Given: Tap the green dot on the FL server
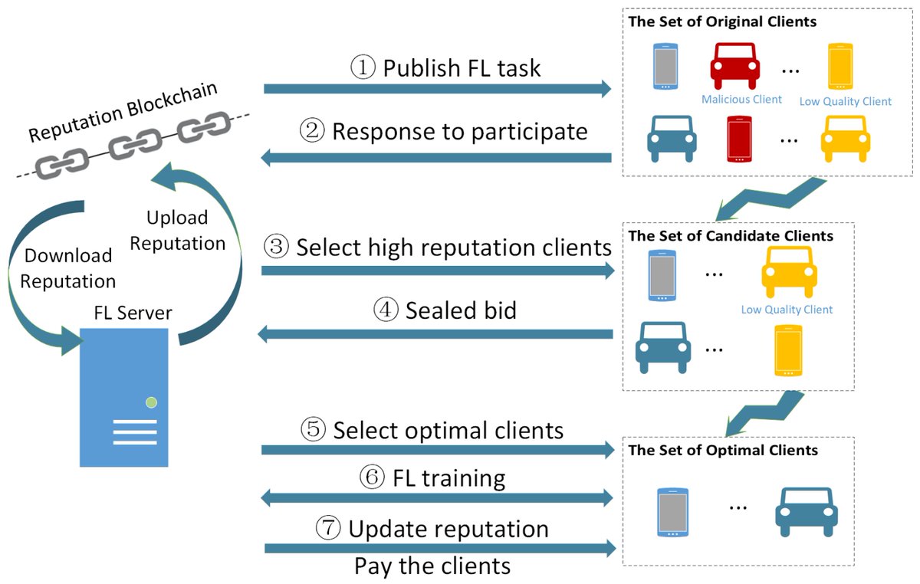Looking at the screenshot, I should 151,402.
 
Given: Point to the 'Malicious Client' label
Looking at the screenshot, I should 741,99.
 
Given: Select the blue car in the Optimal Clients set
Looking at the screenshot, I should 807,510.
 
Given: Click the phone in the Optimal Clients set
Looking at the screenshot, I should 672,511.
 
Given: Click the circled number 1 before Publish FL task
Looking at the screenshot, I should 363,67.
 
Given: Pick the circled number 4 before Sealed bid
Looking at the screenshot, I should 386,310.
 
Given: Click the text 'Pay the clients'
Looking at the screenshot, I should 432,566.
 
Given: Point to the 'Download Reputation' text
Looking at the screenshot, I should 67,268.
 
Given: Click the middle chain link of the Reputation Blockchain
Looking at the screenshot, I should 134,143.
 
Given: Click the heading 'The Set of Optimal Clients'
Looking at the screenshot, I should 723,451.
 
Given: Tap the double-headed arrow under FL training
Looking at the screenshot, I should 437,499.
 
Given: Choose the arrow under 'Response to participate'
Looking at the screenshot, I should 437,158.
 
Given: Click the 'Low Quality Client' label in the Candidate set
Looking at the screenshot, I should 787,310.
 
